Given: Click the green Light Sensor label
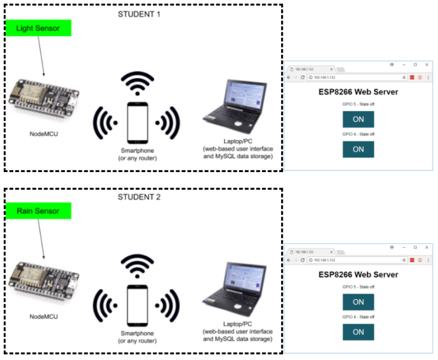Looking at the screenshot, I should tap(38, 28).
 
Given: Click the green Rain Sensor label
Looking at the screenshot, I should tap(38, 211).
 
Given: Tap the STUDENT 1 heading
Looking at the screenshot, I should tap(139, 14).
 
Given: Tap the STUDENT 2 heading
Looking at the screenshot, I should tap(139, 197).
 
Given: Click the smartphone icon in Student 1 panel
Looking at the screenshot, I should tap(137, 123).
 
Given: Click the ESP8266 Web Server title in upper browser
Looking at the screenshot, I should tap(358, 92).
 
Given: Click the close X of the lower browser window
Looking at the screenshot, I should tap(426, 247).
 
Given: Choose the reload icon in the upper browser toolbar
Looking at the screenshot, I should tap(302, 78).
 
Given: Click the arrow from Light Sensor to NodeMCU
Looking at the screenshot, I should tap(40, 56).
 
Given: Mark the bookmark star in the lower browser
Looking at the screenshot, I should tap(404, 260).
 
